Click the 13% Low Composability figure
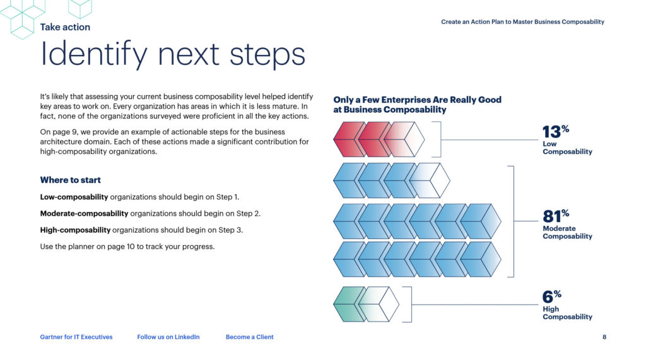(566, 139)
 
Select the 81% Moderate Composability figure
(567, 224)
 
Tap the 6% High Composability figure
(566, 305)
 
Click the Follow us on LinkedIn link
(168, 337)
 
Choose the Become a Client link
(249, 337)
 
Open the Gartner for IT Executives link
(76, 337)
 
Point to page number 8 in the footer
(604, 337)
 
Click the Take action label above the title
(65, 27)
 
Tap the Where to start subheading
(70, 180)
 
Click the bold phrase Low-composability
(74, 197)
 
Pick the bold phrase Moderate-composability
(84, 214)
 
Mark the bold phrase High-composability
(75, 230)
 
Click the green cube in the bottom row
(349, 305)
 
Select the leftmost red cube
(349, 139)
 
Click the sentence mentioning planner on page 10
(127, 247)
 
